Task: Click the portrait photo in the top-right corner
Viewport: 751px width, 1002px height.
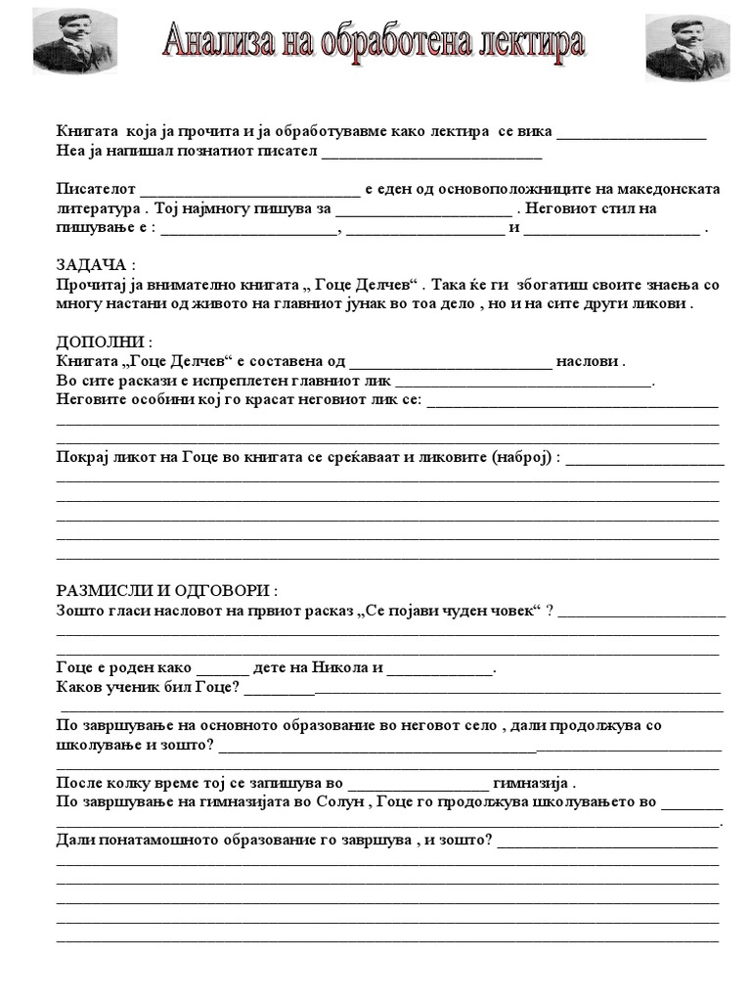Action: pos(687,48)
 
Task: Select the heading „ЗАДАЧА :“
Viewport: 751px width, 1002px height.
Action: pos(94,266)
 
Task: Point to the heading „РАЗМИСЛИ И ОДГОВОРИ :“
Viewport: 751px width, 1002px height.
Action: pos(167,593)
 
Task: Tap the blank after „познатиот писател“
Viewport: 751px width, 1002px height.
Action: pos(431,154)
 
